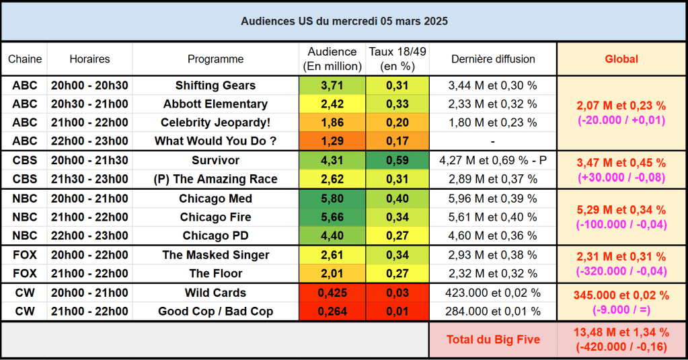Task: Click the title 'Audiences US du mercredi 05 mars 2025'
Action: tap(344, 21)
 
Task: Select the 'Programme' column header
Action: tap(215, 59)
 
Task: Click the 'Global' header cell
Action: tap(621, 59)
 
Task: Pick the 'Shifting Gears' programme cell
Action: tap(215, 85)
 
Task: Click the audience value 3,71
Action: tap(332, 85)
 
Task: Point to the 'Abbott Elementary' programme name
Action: tap(215, 104)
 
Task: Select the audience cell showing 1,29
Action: tap(332, 141)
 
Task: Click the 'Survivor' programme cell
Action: tap(215, 161)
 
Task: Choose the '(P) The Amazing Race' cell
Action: tap(215, 179)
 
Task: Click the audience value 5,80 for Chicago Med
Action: tap(332, 199)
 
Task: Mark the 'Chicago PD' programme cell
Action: tap(215, 236)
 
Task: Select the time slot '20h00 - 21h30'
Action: tap(89, 161)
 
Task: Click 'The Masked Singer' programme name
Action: tap(215, 255)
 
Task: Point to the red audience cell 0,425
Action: tap(332, 293)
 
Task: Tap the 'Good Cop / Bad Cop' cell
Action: tap(215, 312)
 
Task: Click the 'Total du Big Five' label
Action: tap(493, 339)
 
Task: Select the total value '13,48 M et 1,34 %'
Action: tap(621, 332)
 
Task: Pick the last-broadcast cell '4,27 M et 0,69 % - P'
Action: tap(493, 161)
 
